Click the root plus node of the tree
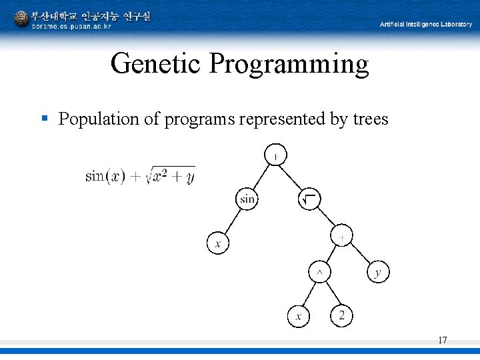click(276, 155)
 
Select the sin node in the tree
click(247, 199)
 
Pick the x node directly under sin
click(216, 243)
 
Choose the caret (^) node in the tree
click(319, 272)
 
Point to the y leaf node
click(378, 272)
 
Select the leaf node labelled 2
click(341, 315)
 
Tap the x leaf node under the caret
click(298, 316)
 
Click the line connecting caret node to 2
click(330, 294)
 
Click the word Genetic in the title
click(157, 64)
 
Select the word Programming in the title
click(288, 64)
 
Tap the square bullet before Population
click(45, 119)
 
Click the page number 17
click(442, 341)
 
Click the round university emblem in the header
click(21, 19)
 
